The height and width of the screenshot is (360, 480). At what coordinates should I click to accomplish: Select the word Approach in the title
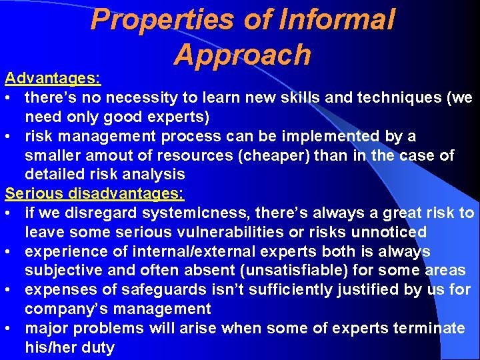pyautogui.click(x=242, y=55)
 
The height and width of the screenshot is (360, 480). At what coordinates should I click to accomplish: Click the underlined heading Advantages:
pyautogui.click(x=53, y=79)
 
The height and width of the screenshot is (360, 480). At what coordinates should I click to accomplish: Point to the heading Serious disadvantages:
pyautogui.click(x=95, y=194)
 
